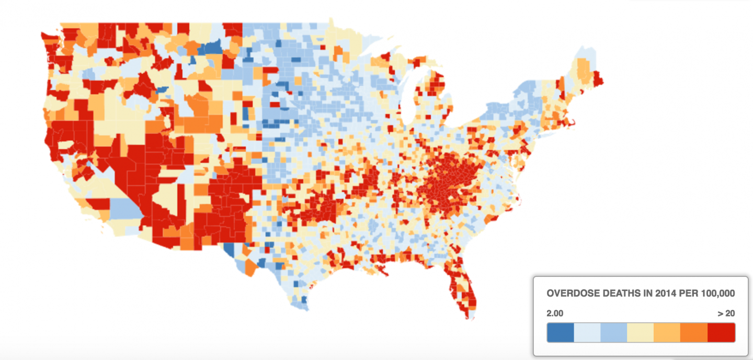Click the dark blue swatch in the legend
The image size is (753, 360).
point(560,332)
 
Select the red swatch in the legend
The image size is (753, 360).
point(721,332)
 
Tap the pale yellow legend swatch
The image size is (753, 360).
point(641,332)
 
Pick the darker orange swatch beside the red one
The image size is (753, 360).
point(694,332)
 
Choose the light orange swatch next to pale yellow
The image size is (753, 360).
point(667,332)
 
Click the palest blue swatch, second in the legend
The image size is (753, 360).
point(587,332)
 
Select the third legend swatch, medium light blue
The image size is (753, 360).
point(614,332)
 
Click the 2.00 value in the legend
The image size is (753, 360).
point(555,313)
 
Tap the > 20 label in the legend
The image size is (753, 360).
point(726,313)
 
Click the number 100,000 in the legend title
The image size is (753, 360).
point(715,294)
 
